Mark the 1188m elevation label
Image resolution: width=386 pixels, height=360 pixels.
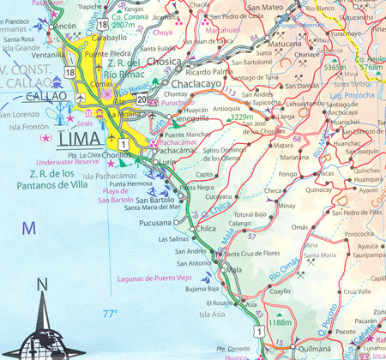click(281, 323)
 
